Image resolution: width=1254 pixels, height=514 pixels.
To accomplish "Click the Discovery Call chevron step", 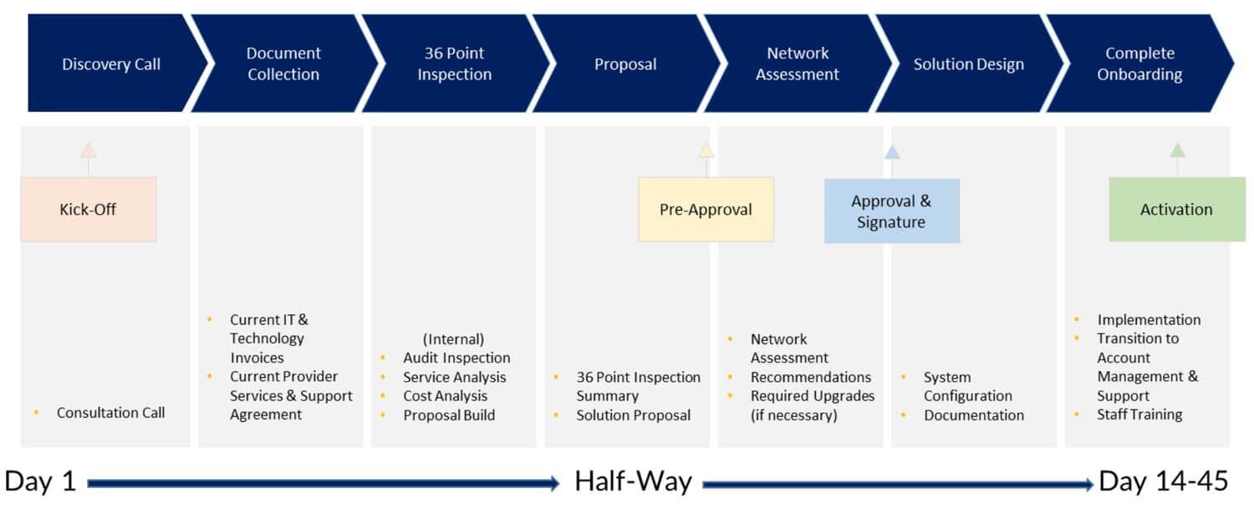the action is [111, 64].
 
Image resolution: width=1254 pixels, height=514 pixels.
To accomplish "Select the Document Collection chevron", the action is [284, 64].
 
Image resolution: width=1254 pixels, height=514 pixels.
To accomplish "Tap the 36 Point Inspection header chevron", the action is [455, 64].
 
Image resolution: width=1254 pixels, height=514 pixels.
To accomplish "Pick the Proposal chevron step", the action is [626, 64].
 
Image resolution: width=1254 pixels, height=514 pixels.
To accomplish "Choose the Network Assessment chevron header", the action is [798, 64].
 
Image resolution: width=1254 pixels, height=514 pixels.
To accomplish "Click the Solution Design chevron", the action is [968, 64].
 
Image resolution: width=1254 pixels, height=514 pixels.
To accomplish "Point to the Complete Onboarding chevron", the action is [1139, 64].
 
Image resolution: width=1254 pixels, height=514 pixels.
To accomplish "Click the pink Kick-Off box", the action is [89, 210].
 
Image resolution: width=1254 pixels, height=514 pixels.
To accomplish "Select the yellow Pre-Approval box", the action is [706, 210].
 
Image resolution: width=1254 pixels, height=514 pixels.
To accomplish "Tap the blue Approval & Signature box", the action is [892, 211].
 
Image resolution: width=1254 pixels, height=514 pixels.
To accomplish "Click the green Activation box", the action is [1177, 210].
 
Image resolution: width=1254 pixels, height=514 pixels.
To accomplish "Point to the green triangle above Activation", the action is [1177, 150].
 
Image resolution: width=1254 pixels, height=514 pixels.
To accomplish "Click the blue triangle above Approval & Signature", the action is [892, 152].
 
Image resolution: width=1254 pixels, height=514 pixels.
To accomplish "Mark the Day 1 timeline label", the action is [40, 481].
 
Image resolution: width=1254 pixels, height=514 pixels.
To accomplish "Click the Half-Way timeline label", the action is [633, 481].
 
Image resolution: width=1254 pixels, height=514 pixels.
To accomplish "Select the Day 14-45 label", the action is [1164, 481].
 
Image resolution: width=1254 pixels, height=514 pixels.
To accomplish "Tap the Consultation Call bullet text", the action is [111, 413].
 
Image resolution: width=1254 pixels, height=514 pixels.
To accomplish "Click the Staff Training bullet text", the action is [1139, 415].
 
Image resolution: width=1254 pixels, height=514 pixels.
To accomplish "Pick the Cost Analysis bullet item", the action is [446, 396].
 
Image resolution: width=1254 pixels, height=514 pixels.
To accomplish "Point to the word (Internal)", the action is [453, 338].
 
